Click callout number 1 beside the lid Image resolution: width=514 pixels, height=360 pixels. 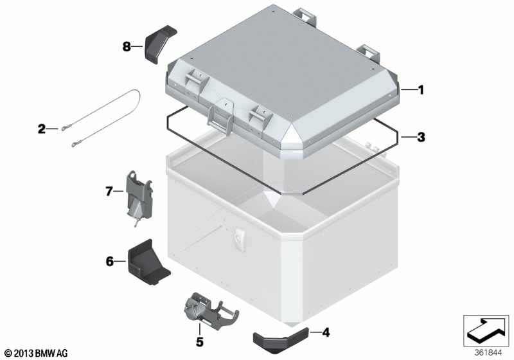point(421,90)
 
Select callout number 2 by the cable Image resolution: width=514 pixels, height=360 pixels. point(42,129)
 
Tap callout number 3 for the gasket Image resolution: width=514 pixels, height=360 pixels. point(421,137)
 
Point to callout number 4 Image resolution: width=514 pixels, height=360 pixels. point(326,332)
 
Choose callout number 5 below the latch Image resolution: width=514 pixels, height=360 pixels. point(200,341)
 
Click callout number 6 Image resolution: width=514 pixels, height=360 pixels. point(109,261)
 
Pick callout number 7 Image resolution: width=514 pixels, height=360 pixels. point(109,191)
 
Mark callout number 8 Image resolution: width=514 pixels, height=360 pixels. point(127,46)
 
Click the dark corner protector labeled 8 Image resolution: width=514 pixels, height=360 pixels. point(159,44)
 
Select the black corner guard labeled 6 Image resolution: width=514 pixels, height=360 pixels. point(148,262)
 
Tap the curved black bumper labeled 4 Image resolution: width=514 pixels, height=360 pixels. point(281,340)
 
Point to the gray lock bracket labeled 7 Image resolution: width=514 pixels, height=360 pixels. point(139,197)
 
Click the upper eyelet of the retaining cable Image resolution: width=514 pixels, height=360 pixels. point(64,129)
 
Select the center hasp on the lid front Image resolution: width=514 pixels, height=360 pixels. point(220,116)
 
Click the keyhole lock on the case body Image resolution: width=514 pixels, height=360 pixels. point(239,239)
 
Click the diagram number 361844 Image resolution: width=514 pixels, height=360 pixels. point(488,353)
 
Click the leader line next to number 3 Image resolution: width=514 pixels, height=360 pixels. point(408,137)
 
